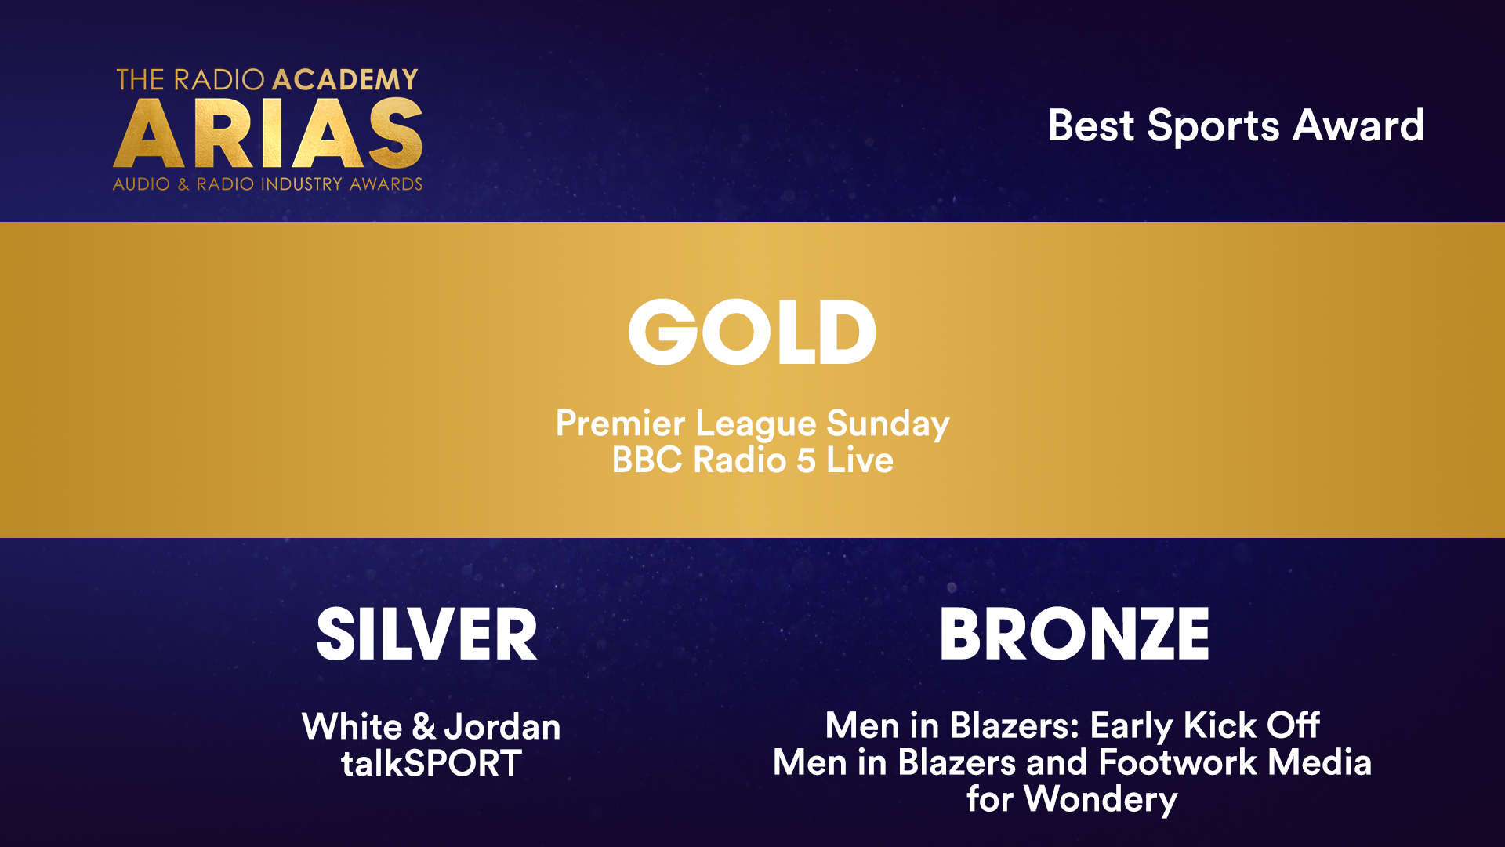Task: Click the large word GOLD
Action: coord(752,332)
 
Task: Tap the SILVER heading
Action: coord(427,634)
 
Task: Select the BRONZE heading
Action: coord(1074,634)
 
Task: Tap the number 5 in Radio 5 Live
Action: coord(807,460)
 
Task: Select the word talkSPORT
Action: coord(431,763)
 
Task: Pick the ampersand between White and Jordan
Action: coord(423,727)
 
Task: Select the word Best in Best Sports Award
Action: coord(1091,125)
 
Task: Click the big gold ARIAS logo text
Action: coord(268,133)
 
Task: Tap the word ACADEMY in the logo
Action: coord(345,80)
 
